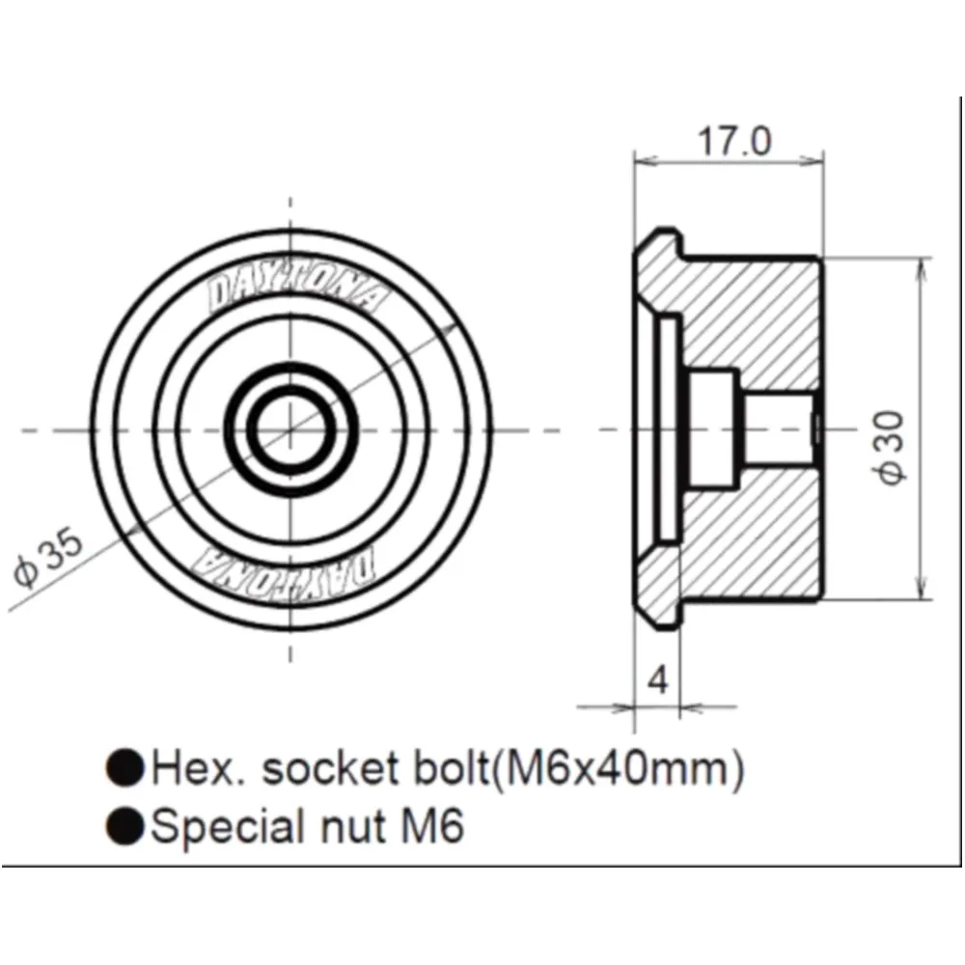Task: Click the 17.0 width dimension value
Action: point(733,141)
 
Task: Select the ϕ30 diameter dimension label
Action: point(891,448)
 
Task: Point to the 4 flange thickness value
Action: point(658,680)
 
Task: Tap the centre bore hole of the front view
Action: point(290,429)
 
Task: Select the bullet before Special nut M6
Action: point(124,826)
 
